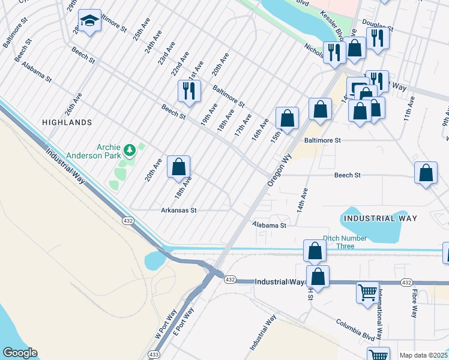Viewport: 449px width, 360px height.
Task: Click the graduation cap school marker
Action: coord(90,22)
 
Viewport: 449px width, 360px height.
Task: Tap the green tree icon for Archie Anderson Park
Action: coord(128,149)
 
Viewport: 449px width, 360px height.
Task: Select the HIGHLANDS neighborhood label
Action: coord(67,122)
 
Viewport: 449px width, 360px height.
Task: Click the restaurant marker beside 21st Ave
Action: coord(188,91)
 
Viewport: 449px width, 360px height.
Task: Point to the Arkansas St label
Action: coord(178,211)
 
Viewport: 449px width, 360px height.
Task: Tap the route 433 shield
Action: coord(154,355)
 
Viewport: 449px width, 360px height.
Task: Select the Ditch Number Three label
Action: coord(345,242)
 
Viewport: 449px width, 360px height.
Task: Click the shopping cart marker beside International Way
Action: coord(367,293)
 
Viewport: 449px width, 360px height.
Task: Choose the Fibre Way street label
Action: coord(414,304)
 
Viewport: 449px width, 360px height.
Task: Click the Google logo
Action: coord(20,353)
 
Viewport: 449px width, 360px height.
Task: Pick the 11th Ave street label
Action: coord(409,110)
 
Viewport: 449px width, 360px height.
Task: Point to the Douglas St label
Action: coord(382,28)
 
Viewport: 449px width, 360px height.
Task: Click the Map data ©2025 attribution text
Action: coord(423,355)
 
